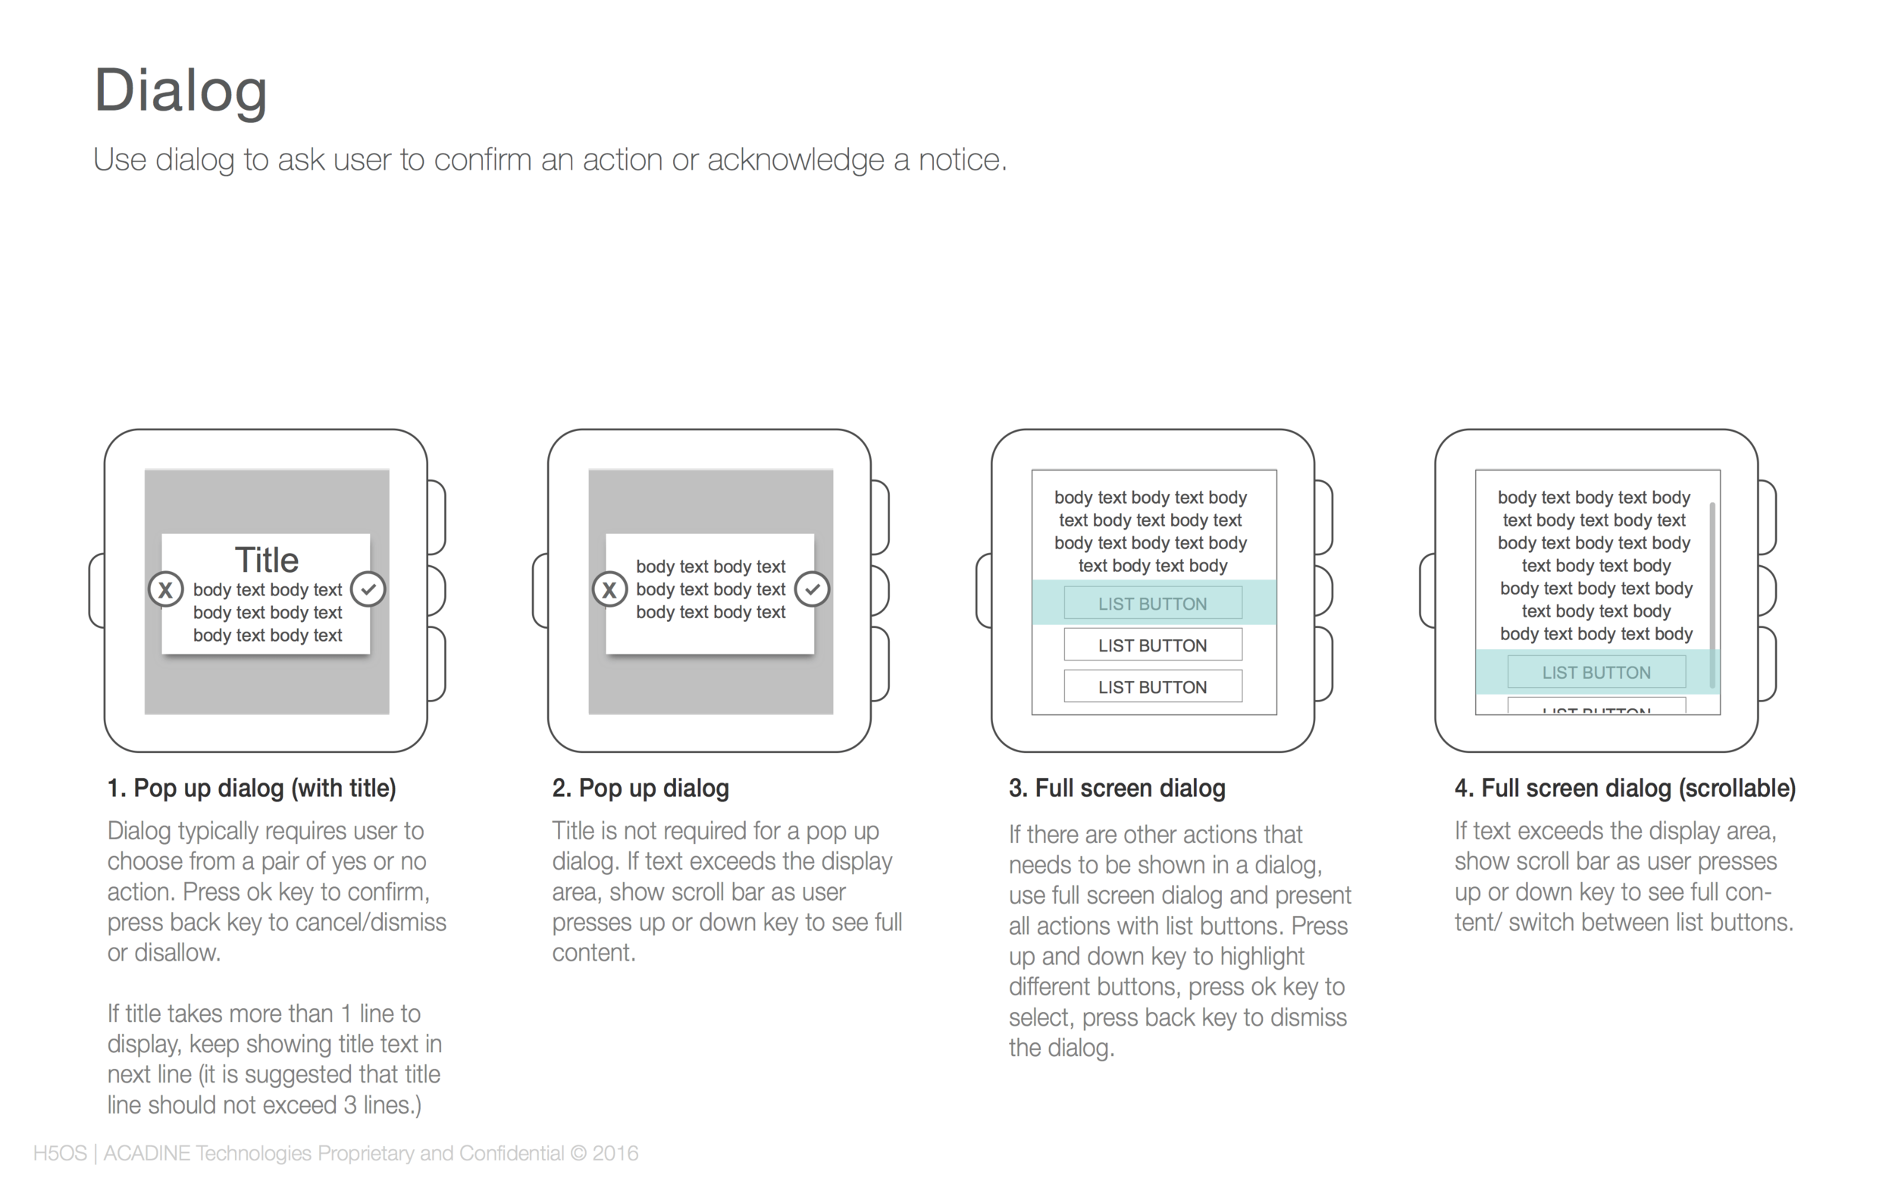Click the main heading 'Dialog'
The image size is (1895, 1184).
pyautogui.click(x=180, y=92)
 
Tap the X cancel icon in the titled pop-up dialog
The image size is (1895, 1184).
pyautogui.click(x=165, y=589)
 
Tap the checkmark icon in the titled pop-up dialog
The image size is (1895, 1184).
pyautogui.click(x=368, y=589)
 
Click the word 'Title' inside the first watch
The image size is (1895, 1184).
pyautogui.click(x=266, y=559)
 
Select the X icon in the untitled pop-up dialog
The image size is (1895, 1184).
pyautogui.click(x=609, y=589)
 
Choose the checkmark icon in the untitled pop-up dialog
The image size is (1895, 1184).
pyautogui.click(x=813, y=589)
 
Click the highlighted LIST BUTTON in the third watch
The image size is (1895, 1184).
pyautogui.click(x=1152, y=603)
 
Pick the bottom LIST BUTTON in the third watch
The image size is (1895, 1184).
pyautogui.click(x=1152, y=686)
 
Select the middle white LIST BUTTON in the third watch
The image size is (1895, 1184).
pyautogui.click(x=1152, y=645)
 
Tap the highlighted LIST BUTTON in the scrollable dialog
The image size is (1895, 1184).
pyautogui.click(x=1596, y=672)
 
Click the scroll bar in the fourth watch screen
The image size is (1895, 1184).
pyautogui.click(x=1712, y=595)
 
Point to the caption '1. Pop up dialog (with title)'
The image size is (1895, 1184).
pyautogui.click(x=252, y=788)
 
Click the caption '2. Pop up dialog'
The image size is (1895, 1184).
pyautogui.click(x=640, y=788)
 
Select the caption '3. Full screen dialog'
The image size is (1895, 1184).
pyautogui.click(x=1117, y=788)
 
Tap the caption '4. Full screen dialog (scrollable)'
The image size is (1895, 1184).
pyautogui.click(x=1624, y=788)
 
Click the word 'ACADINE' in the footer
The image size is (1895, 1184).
pyautogui.click(x=146, y=1154)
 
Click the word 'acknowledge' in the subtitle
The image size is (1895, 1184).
pyautogui.click(x=797, y=160)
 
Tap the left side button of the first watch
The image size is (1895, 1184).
pyautogui.click(x=97, y=590)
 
